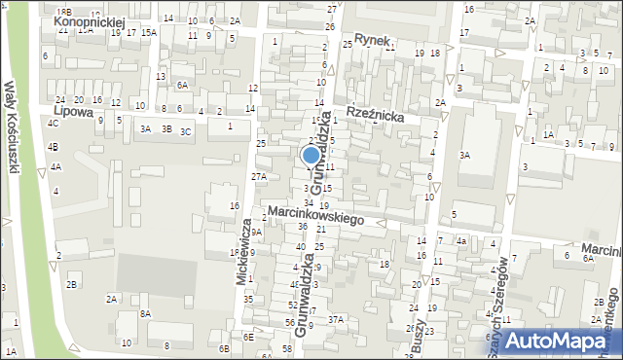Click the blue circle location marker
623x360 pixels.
(311, 155)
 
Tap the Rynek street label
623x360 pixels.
(372, 40)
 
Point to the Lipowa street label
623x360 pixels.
(74, 112)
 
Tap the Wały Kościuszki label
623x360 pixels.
(14, 126)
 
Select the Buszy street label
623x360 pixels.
(420, 338)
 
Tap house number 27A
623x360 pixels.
(258, 176)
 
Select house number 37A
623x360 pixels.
(336, 319)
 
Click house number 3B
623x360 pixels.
(166, 128)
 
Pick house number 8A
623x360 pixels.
(145, 313)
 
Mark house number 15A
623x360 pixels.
(148, 32)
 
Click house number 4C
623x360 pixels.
(53, 124)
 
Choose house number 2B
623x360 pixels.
(71, 284)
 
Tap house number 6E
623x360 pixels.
(248, 337)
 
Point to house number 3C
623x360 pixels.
(185, 129)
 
